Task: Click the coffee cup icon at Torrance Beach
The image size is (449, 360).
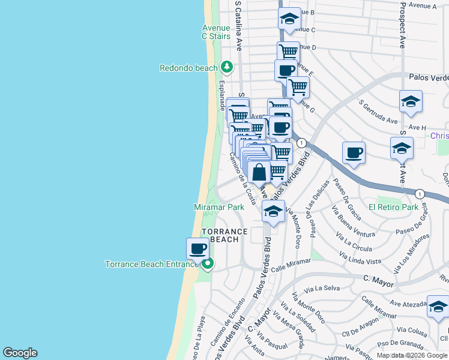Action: pos(197,248)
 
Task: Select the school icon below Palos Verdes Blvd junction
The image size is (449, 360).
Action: pos(273,212)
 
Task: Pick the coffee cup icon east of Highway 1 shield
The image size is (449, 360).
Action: pos(354,152)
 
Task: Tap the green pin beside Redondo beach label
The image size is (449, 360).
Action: pos(226,66)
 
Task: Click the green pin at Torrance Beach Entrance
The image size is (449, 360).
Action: pos(208,263)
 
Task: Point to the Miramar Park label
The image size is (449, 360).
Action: pos(218,207)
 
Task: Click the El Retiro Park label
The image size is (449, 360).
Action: pos(393,207)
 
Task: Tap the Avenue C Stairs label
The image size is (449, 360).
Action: pos(216,32)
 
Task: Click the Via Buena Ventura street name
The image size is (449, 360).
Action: pos(357,221)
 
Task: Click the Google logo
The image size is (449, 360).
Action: pos(20,353)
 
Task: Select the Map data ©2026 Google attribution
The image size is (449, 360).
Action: pos(411,355)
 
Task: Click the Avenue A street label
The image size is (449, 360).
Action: pos(421,5)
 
